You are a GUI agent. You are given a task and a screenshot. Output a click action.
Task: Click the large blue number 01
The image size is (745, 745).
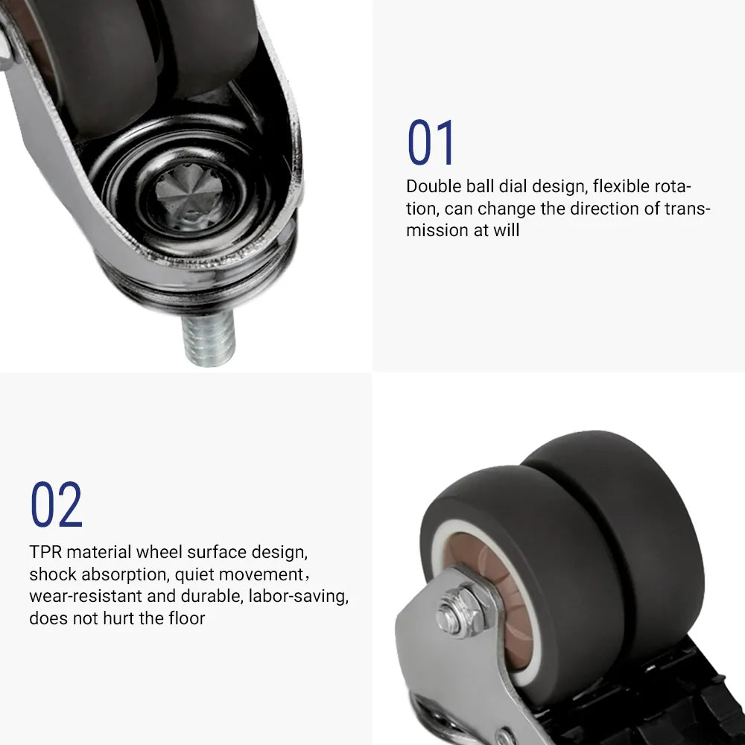431,142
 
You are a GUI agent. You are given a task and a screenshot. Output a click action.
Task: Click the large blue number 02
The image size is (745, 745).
57,504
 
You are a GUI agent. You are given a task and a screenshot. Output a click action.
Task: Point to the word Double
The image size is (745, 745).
434,186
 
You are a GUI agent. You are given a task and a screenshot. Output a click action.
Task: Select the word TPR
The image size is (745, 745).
45,552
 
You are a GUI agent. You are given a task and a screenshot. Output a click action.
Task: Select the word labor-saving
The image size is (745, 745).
299,596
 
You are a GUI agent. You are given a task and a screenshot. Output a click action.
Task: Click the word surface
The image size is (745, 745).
216,552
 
